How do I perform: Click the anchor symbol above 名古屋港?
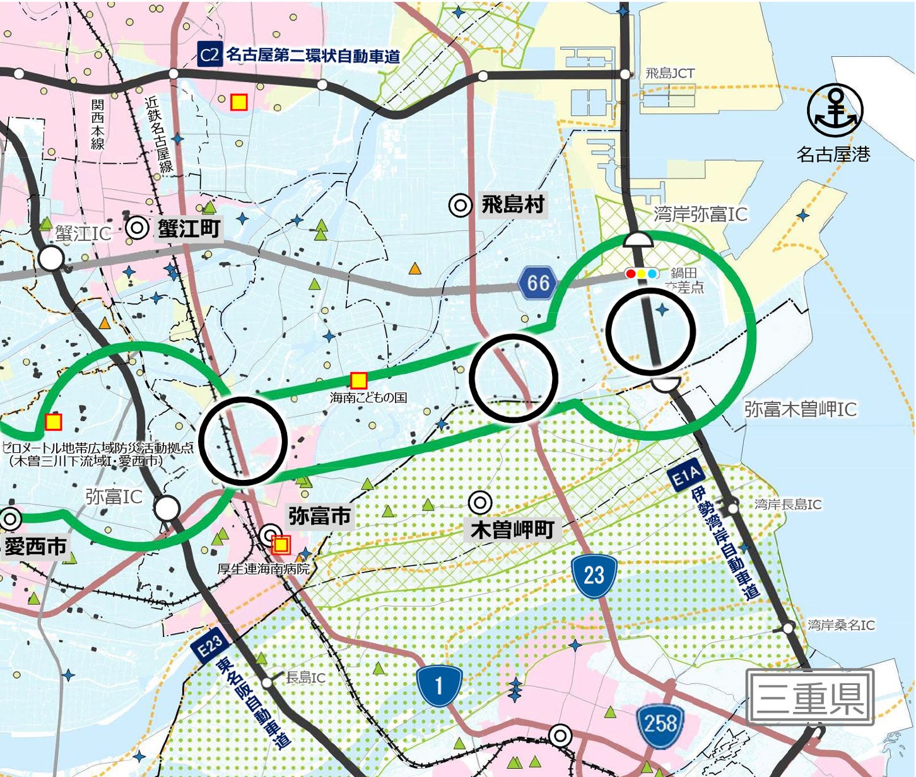[835, 111]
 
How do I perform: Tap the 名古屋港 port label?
[833, 154]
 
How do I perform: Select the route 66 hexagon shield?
[537, 283]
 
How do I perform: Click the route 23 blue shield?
[593, 575]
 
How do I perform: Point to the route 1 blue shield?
[439, 686]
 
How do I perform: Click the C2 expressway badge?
[209, 55]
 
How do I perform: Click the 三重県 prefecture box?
[810, 697]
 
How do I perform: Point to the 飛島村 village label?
[512, 205]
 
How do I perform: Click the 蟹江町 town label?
[189, 228]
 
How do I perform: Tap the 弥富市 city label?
[319, 516]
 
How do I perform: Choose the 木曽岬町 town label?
[512, 530]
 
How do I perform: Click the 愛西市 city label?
[36, 546]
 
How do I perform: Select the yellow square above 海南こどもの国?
[358, 380]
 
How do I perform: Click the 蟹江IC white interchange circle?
[52, 258]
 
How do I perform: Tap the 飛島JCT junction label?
[669, 73]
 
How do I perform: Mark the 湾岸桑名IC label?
[841, 625]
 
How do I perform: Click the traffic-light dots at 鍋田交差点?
[642, 274]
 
